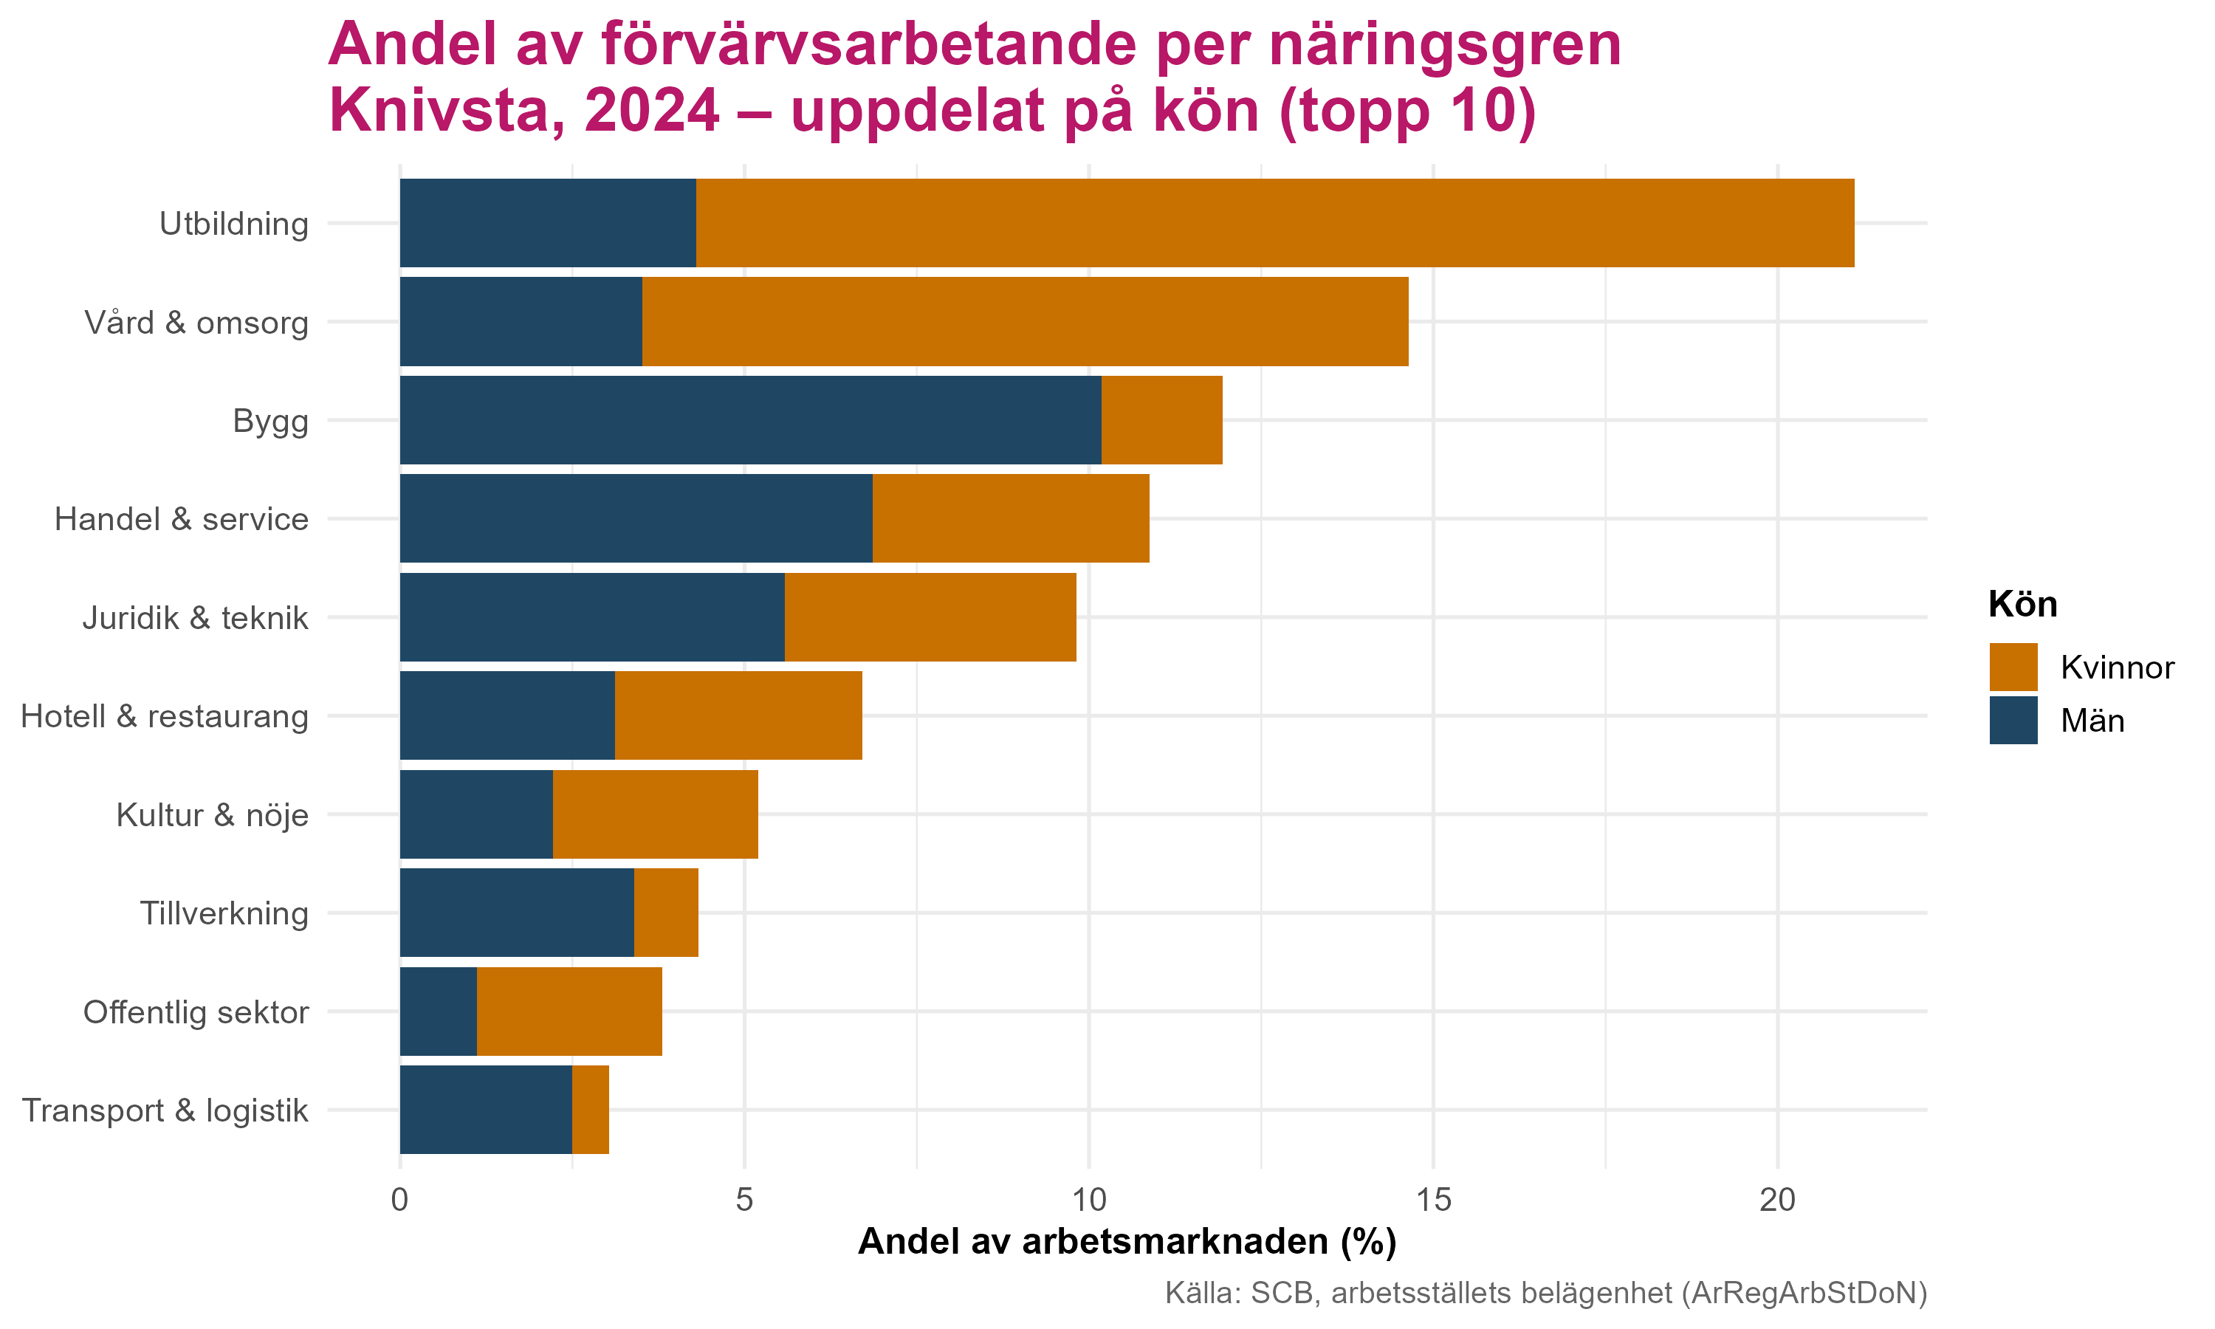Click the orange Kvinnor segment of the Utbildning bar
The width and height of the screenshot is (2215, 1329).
tap(1275, 223)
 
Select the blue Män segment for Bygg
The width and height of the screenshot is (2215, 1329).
tap(750, 420)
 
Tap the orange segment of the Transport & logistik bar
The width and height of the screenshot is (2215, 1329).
tap(591, 1110)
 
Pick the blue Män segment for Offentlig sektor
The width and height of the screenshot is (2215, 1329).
tap(439, 1011)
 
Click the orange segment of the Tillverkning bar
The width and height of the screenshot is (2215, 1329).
tap(666, 913)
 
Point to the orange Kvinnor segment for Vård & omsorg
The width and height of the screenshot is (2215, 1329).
tap(1025, 321)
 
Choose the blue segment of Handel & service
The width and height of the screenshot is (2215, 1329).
tap(636, 518)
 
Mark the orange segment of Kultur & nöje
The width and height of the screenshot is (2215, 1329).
tap(656, 814)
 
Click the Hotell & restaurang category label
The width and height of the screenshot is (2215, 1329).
tap(165, 716)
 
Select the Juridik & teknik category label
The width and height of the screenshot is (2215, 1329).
tap(195, 618)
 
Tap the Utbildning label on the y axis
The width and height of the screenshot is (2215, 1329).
tap(233, 224)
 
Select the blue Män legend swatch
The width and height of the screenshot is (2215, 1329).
tap(2013, 720)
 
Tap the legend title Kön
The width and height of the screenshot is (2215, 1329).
tap(2022, 605)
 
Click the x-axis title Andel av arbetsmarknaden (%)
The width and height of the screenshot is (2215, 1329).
tap(1127, 1242)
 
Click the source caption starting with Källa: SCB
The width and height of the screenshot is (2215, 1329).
tap(1545, 1293)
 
